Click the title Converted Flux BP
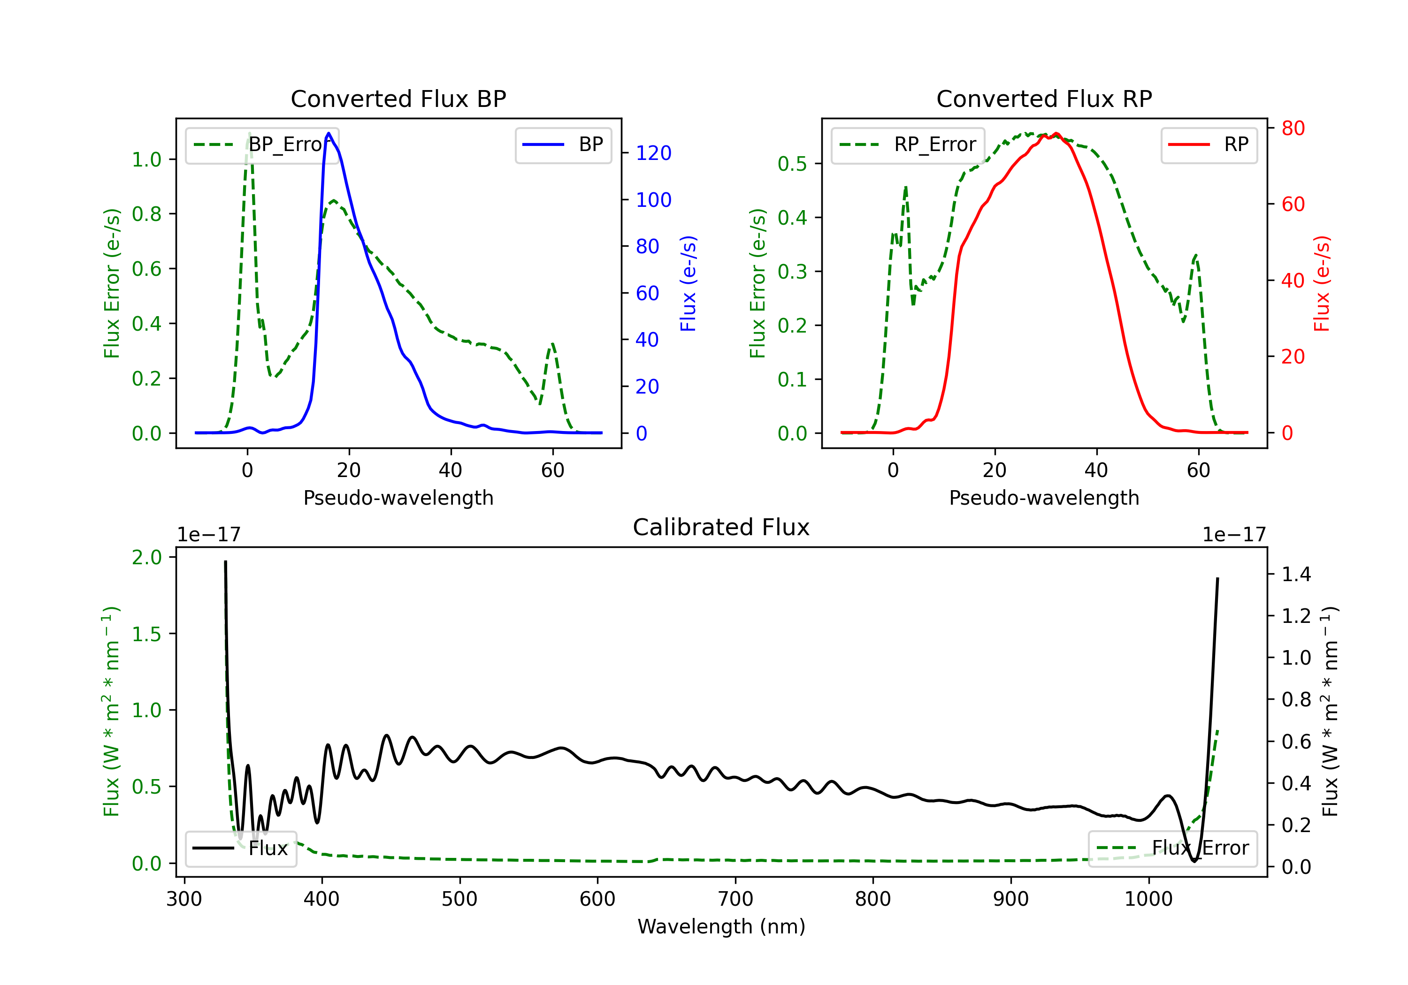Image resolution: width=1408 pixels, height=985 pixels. coord(398,98)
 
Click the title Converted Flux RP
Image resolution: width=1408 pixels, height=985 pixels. coord(1044,98)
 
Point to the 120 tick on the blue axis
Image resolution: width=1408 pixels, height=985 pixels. coord(653,153)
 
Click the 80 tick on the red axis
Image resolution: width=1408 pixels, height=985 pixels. coord(1293,128)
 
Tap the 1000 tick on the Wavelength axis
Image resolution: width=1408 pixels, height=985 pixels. coord(1148,899)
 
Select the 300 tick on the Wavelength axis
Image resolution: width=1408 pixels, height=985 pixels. coord(184,899)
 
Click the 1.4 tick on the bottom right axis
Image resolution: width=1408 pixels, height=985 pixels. coord(1296,574)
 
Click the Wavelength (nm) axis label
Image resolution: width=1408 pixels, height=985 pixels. coord(721,926)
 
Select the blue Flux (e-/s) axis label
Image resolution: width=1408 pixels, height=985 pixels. coord(688,283)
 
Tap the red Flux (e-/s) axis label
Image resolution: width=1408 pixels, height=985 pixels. coord(1322,283)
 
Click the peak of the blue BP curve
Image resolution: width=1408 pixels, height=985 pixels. coord(329,133)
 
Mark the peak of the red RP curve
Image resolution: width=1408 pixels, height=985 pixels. coord(1056,134)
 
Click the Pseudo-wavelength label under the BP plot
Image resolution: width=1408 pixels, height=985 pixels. coord(398,498)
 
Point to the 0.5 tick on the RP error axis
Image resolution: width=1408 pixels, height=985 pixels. coord(792,164)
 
